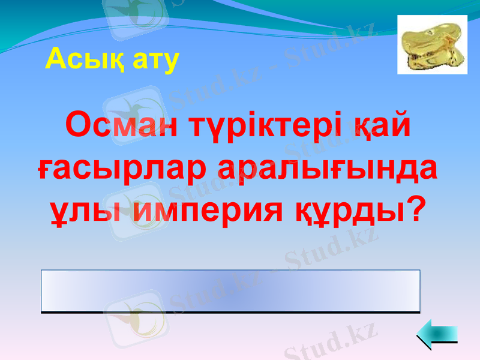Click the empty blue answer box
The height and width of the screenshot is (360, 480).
point(230,291)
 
